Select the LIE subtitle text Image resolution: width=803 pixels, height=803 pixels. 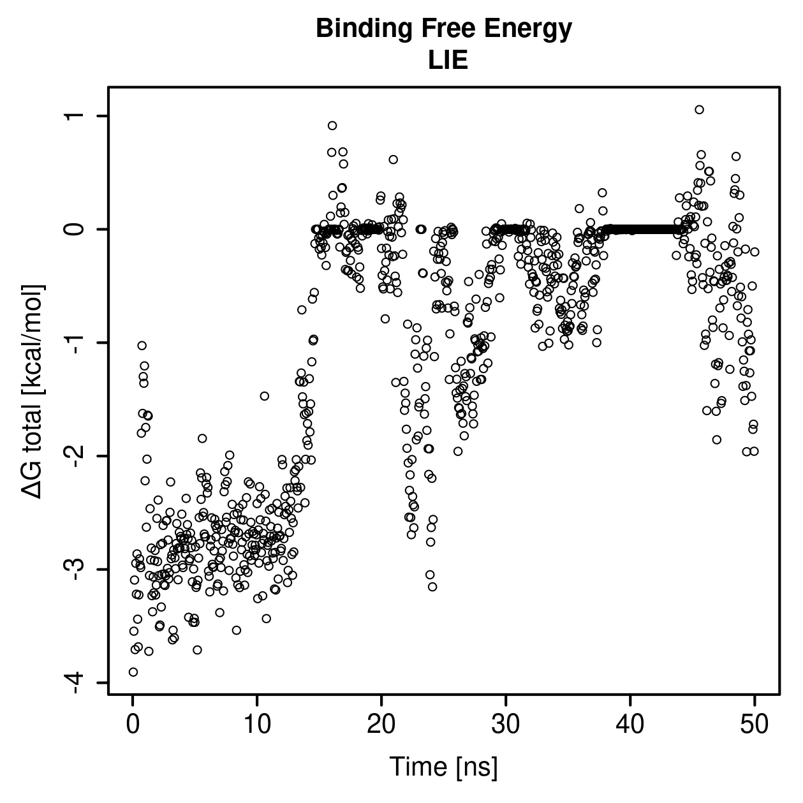448,60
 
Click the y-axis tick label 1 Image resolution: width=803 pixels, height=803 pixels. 75,116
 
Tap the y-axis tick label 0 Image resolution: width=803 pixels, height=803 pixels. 75,229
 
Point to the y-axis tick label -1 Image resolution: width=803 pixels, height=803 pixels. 75,343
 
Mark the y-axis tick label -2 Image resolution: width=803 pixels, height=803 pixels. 75,456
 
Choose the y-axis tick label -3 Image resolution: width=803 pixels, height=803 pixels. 75,569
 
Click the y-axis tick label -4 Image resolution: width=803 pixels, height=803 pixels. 75,682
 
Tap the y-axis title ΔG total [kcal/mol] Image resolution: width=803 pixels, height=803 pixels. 33,391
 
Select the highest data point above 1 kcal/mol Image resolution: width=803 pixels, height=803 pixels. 699,110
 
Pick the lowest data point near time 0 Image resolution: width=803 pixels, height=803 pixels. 133,672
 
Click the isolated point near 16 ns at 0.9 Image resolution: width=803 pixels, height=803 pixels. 332,126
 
